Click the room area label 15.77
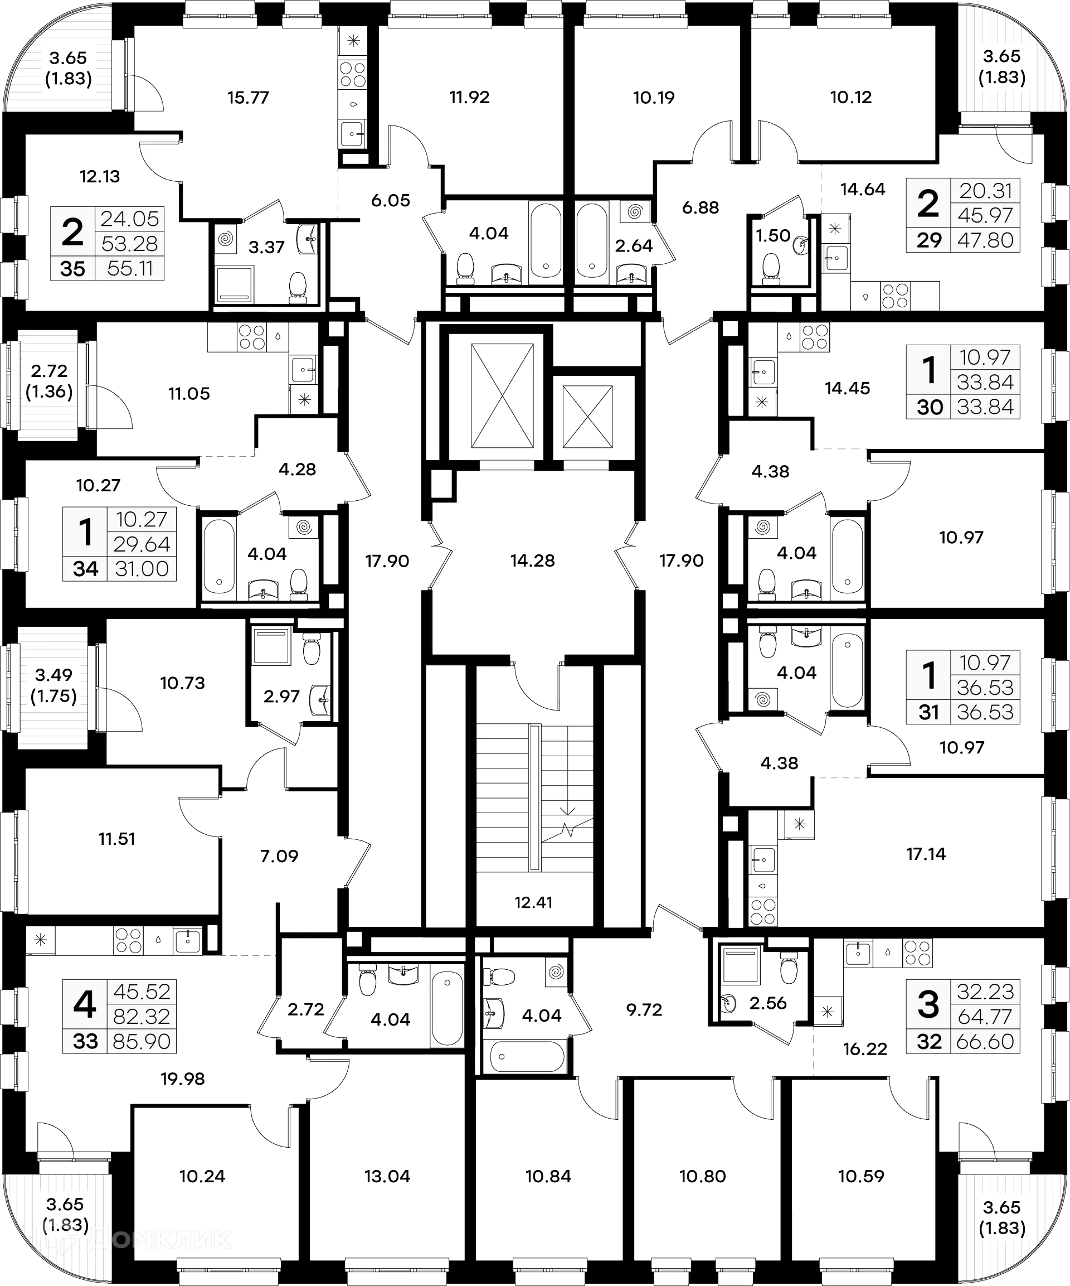coord(249,98)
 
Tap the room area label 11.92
coord(469,98)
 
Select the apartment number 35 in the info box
coord(73,268)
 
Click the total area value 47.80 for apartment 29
coord(985,240)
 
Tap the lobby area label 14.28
coord(533,560)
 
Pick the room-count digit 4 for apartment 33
coord(85,1005)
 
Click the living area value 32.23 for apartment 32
coord(985,991)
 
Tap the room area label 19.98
coord(182,1079)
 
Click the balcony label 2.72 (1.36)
coord(49,381)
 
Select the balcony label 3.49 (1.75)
coord(54,686)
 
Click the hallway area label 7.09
coord(279,855)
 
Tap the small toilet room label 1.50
coord(774,236)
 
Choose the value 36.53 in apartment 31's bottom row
coord(985,712)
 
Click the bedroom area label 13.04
coord(387,1176)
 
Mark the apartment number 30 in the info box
coord(929,407)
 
